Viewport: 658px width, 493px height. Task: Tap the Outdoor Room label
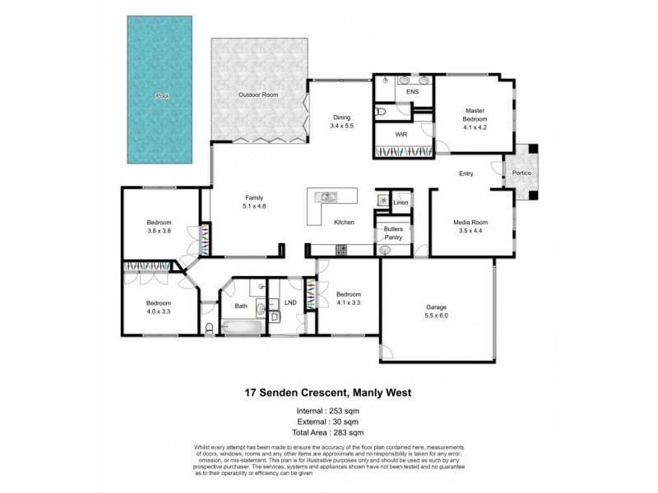coord(258,95)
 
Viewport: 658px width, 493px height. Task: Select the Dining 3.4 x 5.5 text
coord(341,122)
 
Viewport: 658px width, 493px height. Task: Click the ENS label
coord(413,92)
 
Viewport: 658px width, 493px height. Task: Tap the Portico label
coord(521,174)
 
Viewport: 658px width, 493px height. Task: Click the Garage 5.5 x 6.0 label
coord(436,311)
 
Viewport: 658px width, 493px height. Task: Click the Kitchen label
coord(343,223)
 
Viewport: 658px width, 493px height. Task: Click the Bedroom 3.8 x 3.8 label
coord(160,227)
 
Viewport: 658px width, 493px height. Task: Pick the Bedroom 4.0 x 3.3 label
coord(160,307)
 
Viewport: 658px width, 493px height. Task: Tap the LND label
coord(290,302)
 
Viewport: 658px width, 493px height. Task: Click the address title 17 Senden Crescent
coord(329,393)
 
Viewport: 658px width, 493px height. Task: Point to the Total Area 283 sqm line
coord(329,432)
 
